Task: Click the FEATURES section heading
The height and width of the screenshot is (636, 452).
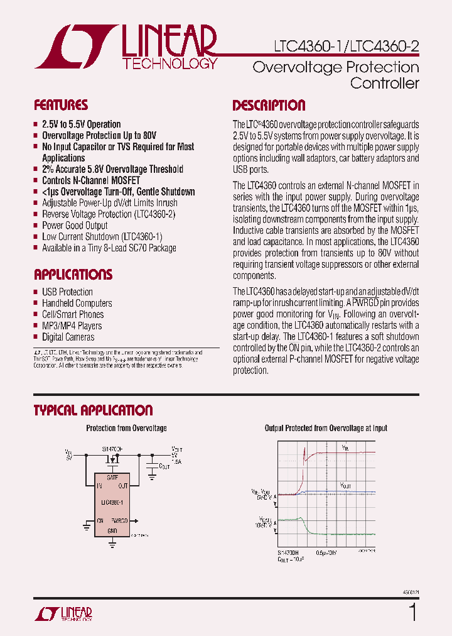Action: [61, 105]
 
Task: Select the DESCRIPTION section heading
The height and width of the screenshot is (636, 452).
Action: [269, 105]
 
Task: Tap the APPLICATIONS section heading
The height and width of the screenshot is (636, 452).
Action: [73, 274]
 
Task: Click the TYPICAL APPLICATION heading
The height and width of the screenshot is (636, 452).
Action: [93, 410]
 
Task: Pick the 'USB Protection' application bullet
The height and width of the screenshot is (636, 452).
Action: [67, 292]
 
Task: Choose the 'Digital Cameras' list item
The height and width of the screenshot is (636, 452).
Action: [68, 337]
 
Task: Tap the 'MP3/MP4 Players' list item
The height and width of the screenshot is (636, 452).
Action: [72, 326]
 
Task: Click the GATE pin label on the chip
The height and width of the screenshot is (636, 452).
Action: [112, 478]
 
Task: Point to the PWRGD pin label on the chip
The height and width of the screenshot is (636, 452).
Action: [119, 520]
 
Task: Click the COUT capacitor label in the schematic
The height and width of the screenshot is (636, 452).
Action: [164, 466]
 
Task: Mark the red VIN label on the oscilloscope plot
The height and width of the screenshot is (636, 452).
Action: [346, 448]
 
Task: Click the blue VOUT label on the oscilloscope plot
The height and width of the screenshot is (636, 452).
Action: [345, 486]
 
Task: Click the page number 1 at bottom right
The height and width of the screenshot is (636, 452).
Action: [412, 611]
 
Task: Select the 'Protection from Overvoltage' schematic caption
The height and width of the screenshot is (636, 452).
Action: [126, 428]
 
